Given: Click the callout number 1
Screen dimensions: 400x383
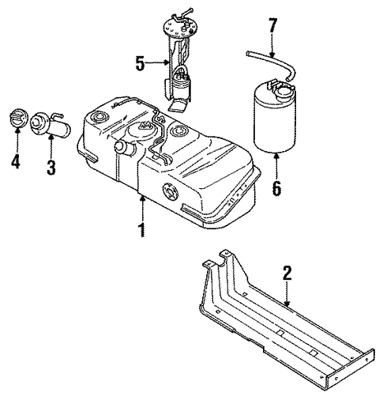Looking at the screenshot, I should coord(142,231).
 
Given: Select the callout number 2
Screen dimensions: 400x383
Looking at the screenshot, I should coord(287,274).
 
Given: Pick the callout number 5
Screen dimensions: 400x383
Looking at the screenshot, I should coord(140,62).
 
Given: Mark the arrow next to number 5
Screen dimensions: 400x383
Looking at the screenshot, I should coord(158,62).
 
